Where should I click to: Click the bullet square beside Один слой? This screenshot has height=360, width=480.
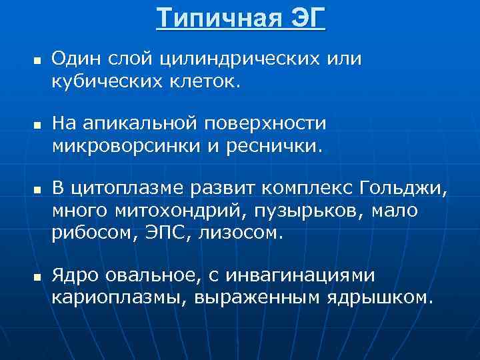[36, 61]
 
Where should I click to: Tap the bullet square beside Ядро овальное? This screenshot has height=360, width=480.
[36, 275]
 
